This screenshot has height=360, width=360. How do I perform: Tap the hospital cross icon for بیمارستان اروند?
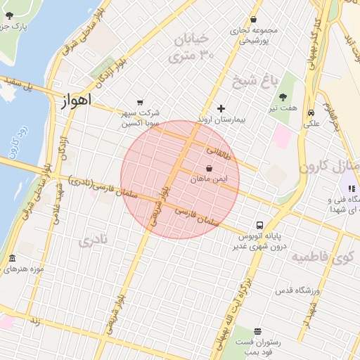pyautogui.click(x=221, y=108)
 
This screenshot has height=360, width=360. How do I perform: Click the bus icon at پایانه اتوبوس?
pyautogui.click(x=260, y=226)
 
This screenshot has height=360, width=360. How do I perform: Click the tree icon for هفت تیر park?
pyautogui.click(x=283, y=97)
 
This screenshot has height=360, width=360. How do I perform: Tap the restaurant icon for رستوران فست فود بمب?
pyautogui.click(x=258, y=331)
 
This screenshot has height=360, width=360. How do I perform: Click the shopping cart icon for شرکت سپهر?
pyautogui.click(x=140, y=102)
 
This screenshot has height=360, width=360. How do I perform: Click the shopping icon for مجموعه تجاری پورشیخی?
pyautogui.click(x=253, y=20)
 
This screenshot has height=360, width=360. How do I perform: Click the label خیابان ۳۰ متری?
pyautogui.click(x=197, y=46)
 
